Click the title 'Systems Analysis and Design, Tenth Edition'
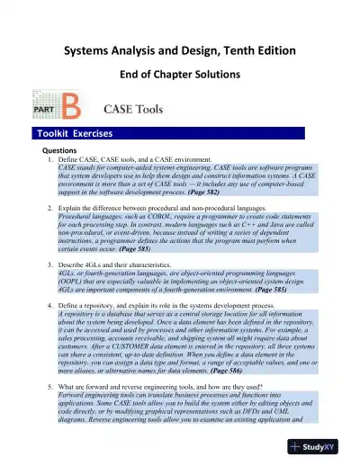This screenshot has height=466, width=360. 180,50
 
